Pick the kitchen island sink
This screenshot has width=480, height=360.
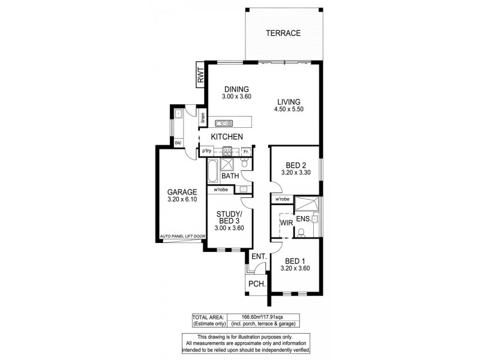224,123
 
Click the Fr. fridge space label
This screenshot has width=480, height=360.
246,151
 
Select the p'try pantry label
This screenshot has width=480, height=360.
207,151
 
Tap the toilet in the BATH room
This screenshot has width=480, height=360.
244,164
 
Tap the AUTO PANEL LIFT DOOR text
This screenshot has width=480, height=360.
182,236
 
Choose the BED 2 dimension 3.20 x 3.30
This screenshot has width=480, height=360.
294,173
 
